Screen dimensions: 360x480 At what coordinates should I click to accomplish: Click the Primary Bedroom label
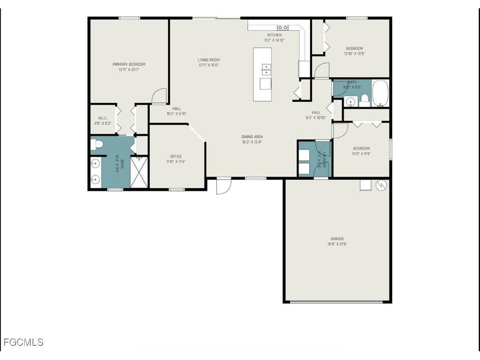pyautogui.click(x=129, y=64)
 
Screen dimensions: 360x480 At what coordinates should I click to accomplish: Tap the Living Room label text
pyautogui.click(x=208, y=60)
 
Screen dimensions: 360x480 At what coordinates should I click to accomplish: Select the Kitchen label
pyautogui.click(x=274, y=35)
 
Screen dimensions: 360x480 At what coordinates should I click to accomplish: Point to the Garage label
pyautogui.click(x=337, y=239)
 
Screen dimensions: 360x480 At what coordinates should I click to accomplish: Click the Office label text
pyautogui.click(x=176, y=156)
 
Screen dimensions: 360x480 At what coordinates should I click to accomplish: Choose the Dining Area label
pyautogui.click(x=252, y=136)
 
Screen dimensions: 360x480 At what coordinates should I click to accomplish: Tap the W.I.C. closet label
pyautogui.click(x=102, y=118)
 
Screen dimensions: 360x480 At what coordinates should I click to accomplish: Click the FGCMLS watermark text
pyautogui.click(x=23, y=342)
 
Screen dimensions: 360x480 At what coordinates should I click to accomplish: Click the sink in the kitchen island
pyautogui.click(x=265, y=69)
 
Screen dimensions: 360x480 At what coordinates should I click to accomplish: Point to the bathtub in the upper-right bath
pyautogui.click(x=380, y=93)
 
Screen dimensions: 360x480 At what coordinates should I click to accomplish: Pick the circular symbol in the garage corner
pyautogui.click(x=381, y=185)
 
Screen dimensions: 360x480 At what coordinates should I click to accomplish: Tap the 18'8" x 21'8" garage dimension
pyautogui.click(x=337, y=244)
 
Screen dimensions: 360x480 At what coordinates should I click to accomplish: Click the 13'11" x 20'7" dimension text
pyautogui.click(x=129, y=70)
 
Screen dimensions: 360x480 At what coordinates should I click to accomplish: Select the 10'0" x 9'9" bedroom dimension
pyautogui.click(x=361, y=154)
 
